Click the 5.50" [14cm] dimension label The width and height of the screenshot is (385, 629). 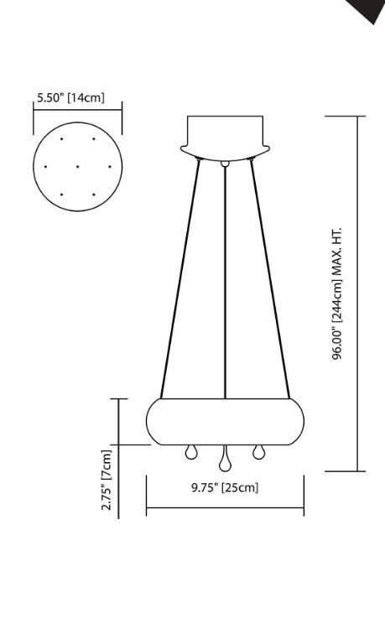point(70,98)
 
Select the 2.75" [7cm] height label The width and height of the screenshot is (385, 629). point(107,479)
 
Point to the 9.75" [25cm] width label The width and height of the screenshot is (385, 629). point(224,487)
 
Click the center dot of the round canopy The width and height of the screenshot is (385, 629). point(77,166)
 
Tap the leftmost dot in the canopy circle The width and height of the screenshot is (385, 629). point(45,166)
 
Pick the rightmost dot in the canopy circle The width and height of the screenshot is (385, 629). point(109,166)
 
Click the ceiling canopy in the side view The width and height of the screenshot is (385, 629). point(225,134)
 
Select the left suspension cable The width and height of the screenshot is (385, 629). point(180,277)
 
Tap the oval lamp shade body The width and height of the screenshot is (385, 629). point(225,422)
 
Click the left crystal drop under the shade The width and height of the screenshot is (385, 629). point(190,453)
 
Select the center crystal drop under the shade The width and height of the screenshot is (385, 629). point(224,462)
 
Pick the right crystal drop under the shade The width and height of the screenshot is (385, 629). point(257,453)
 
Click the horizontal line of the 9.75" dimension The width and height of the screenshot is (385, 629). point(225,507)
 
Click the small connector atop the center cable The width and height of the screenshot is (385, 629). point(225,162)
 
